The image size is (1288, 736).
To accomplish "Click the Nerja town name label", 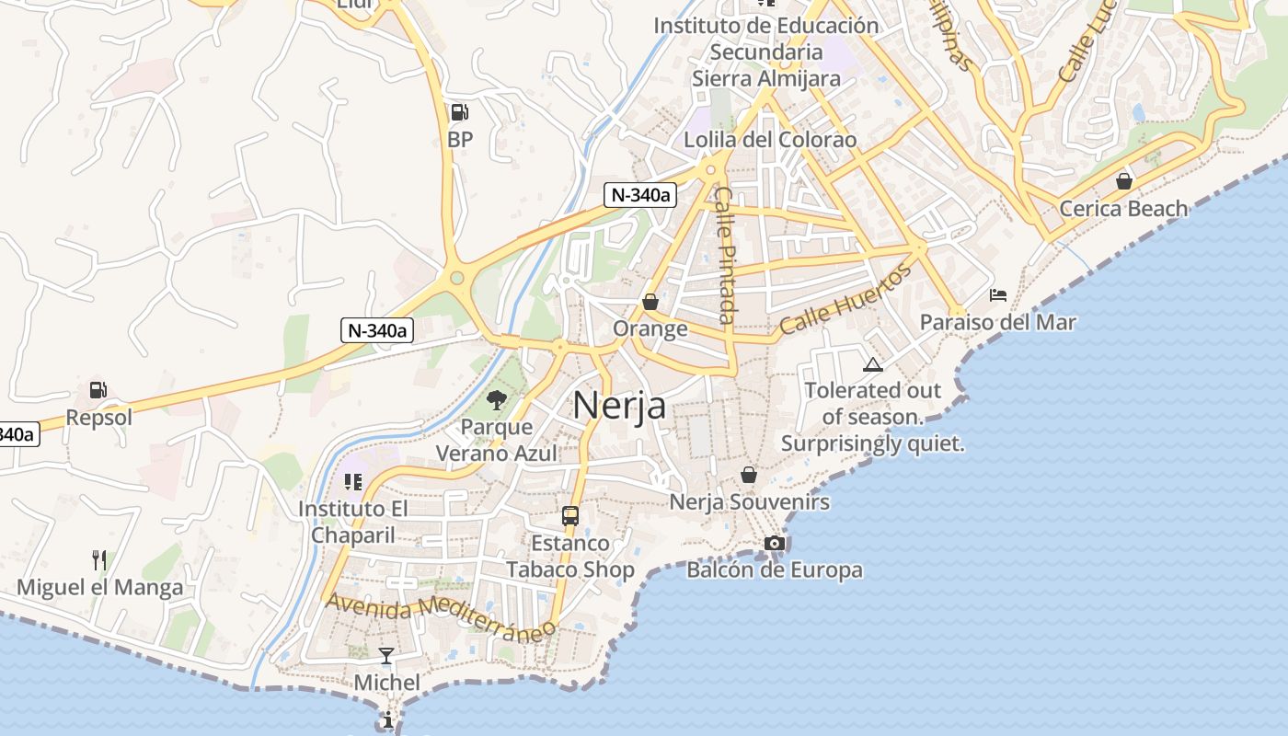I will coord(619,405).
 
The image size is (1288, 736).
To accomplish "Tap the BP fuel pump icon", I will coord(459,113).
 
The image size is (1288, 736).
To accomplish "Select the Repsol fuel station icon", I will coord(98,390).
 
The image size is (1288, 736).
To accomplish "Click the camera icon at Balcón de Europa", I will coord(775,543).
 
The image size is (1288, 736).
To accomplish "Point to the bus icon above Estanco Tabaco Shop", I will coord(570,515).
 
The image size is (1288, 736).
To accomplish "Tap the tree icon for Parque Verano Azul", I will coord(497,399).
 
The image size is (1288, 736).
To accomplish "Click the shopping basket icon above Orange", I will coord(650,302).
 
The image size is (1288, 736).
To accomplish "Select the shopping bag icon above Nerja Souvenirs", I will coord(749,475).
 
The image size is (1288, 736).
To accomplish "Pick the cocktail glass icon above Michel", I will coord(386,656).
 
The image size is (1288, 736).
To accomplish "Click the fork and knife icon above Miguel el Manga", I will coord(99,559).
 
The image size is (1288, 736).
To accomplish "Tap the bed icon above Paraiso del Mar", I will coord(998,295).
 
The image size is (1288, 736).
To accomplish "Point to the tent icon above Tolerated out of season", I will coord(873,364).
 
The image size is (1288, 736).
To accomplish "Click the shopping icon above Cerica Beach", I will coord(1123,181).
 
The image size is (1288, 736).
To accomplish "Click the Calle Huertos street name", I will coord(845,299).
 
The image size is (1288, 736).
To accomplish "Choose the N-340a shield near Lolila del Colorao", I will coord(639,195).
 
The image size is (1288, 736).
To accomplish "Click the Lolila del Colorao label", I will coord(770,140).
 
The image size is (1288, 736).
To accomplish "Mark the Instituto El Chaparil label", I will coord(353,522).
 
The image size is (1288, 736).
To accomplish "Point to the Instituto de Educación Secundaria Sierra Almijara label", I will coord(766,52).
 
